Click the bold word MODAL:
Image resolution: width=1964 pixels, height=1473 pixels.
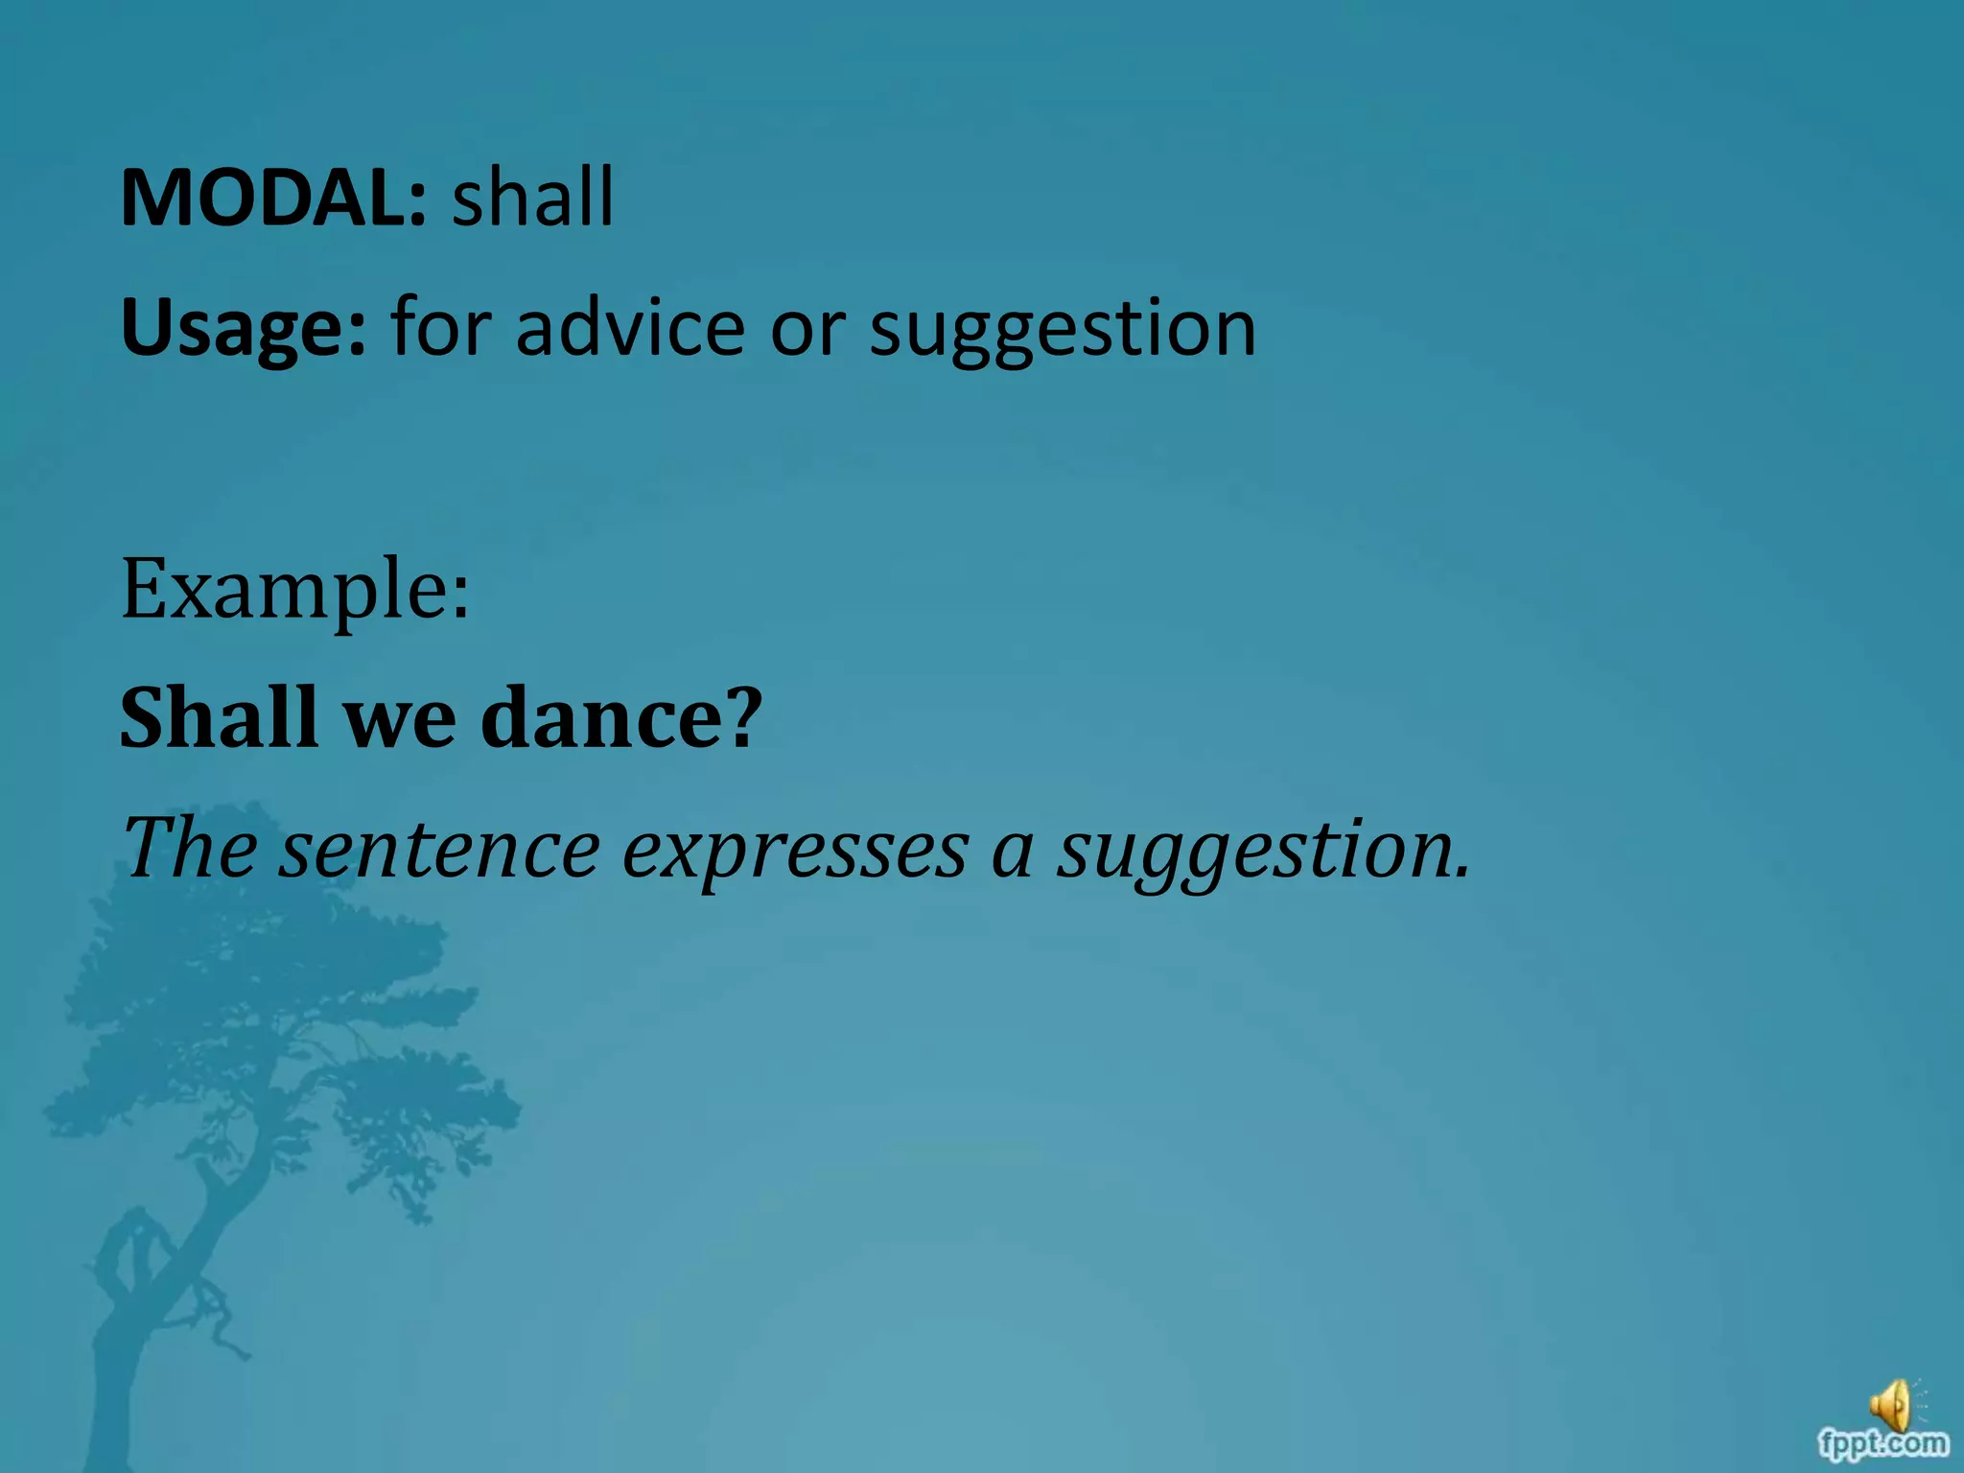tap(272, 198)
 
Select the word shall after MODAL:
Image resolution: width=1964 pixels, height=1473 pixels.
tap(532, 198)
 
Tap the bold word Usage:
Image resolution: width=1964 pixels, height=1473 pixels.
tap(244, 329)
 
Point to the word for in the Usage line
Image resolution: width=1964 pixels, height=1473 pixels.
tap(440, 327)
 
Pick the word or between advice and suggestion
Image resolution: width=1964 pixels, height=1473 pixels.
tap(807, 329)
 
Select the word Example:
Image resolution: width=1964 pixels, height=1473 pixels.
tap(295, 589)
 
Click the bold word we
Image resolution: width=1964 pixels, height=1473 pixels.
tap(400, 719)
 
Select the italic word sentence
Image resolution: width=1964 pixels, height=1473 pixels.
tap(439, 850)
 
